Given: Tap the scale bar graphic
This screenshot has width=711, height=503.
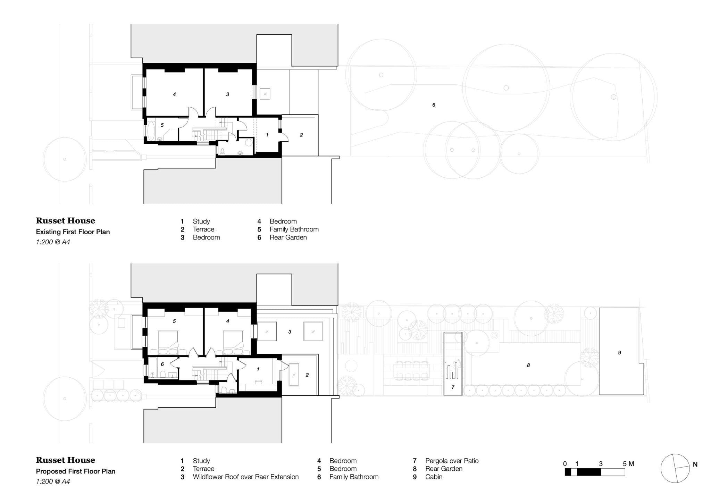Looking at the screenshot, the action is pyautogui.click(x=595, y=472).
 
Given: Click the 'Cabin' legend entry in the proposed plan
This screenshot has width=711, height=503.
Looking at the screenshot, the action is pyautogui.click(x=434, y=477).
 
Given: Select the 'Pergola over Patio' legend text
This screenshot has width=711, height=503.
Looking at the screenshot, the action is pyautogui.click(x=452, y=461).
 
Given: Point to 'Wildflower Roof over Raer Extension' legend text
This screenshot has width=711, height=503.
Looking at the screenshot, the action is pyautogui.click(x=245, y=477).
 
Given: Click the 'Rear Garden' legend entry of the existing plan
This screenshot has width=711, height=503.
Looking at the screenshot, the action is pyautogui.click(x=288, y=237).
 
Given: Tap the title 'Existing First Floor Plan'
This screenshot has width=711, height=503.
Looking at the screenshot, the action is pyautogui.click(x=73, y=232).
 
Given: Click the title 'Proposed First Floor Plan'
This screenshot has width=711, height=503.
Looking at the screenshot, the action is pyautogui.click(x=76, y=471).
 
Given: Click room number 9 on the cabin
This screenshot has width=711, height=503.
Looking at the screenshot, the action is pyautogui.click(x=619, y=353).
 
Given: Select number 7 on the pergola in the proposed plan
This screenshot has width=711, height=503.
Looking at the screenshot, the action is pyautogui.click(x=453, y=387).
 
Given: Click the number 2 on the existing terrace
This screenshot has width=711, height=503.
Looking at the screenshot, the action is pyautogui.click(x=301, y=135).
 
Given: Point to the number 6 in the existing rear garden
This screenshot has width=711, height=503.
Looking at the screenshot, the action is pyautogui.click(x=434, y=105).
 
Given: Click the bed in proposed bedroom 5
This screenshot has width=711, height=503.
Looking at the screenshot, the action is pyautogui.click(x=168, y=341).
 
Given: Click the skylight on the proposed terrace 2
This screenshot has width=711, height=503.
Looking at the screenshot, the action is pyautogui.click(x=294, y=375).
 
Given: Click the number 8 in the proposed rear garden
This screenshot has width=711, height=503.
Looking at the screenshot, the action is pyautogui.click(x=528, y=365).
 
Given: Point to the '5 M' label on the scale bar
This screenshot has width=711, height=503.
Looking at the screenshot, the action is pyautogui.click(x=628, y=464).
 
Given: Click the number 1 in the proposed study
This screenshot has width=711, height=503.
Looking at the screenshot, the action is pyautogui.click(x=258, y=369).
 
